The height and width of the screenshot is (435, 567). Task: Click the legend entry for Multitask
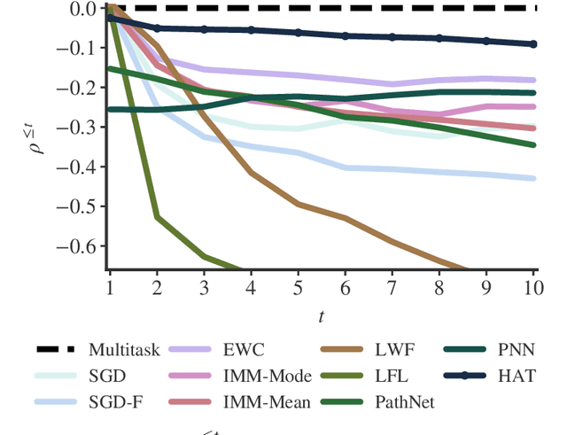click(124, 349)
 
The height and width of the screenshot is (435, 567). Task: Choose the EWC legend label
click(245, 349)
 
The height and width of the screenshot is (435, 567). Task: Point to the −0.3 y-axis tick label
click(77, 128)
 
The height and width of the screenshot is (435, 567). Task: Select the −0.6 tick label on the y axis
click(77, 245)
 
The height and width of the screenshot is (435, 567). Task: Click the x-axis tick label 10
click(533, 288)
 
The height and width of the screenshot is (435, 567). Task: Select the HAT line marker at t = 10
click(533, 44)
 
